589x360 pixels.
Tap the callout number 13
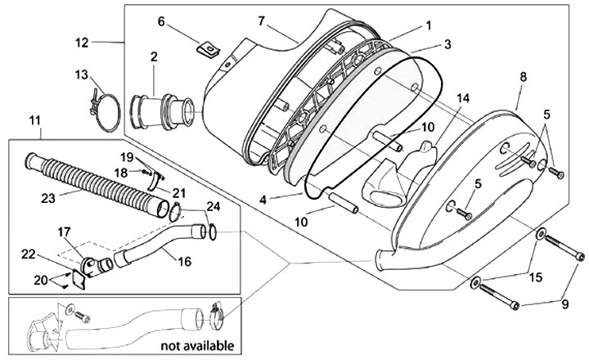[80, 74]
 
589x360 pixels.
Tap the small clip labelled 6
[209, 50]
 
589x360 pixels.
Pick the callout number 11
[34, 121]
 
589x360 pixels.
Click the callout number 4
[263, 199]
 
